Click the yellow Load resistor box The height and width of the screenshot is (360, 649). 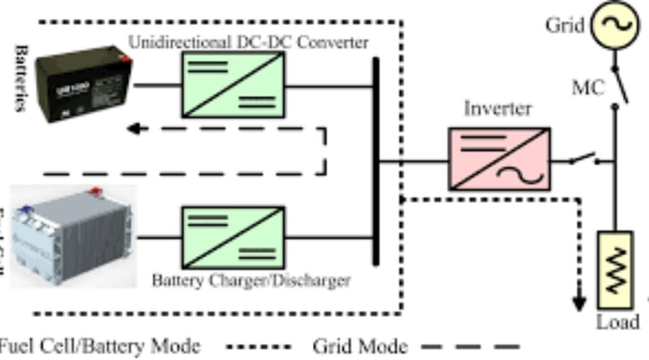615,263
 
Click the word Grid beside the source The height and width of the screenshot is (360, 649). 564,25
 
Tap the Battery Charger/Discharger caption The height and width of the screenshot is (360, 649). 251,281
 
